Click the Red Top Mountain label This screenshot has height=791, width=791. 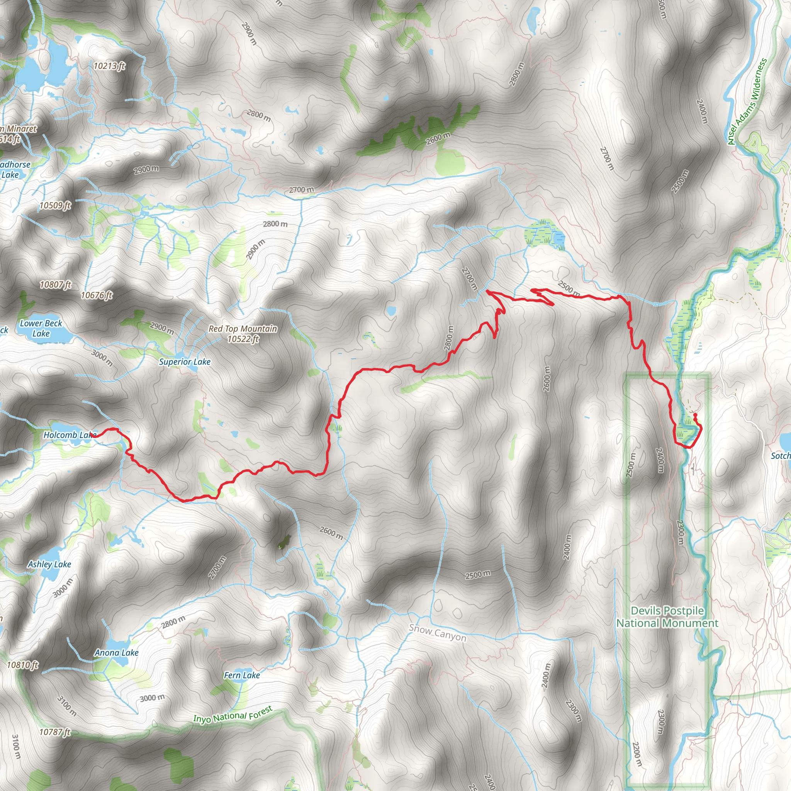click(243, 334)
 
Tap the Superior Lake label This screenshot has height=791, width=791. click(185, 362)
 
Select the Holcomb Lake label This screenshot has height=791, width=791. click(69, 435)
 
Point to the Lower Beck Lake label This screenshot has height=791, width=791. click(41, 328)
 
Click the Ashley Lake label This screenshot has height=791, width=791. click(49, 564)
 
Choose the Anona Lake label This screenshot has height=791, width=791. click(117, 653)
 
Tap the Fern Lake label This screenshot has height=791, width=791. click(241, 675)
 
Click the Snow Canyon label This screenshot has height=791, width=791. click(437, 633)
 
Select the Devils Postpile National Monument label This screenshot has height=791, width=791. click(667, 617)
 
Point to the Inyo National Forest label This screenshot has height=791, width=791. click(233, 715)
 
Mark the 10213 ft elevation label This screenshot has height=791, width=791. click(109, 66)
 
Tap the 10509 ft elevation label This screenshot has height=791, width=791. click(55, 205)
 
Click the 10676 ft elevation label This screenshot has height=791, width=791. click(97, 295)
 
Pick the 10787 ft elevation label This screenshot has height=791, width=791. click(55, 732)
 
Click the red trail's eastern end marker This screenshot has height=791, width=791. click(695, 415)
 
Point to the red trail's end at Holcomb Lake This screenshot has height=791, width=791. click(93, 436)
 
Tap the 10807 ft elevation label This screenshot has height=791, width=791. click(55, 284)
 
